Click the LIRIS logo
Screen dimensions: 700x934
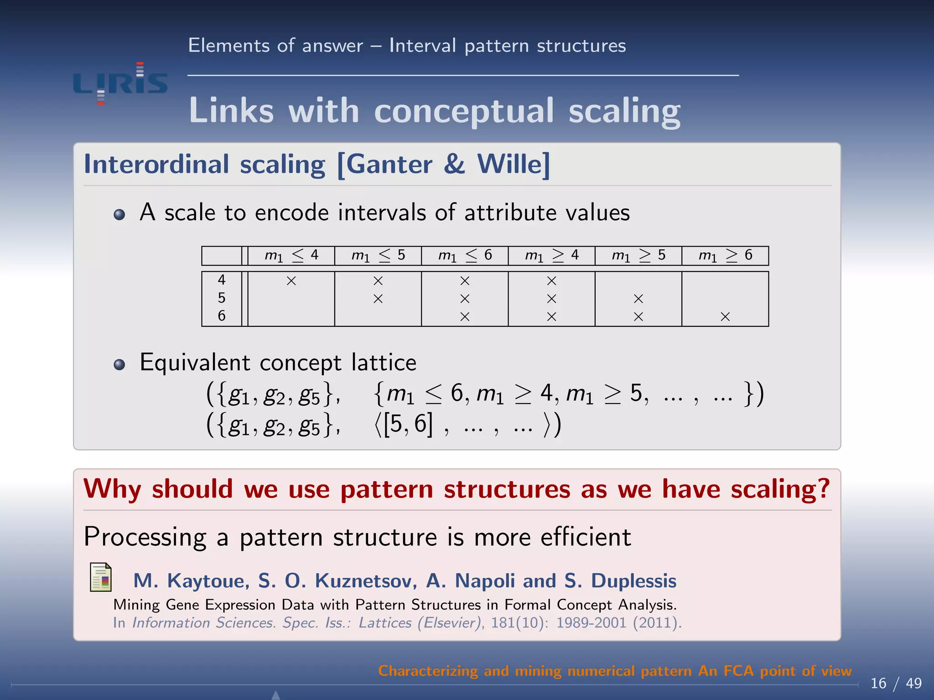pos(120,83)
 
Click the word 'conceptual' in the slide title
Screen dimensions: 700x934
pos(464,111)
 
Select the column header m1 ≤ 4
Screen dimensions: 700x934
pos(291,255)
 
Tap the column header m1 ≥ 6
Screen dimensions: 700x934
pos(725,255)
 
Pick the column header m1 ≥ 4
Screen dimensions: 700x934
pos(551,255)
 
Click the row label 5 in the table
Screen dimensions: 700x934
pos(222,298)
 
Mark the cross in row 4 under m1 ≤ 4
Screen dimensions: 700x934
pos(291,281)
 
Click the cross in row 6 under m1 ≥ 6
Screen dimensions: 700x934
pos(725,317)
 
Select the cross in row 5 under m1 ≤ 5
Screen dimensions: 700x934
pos(378,299)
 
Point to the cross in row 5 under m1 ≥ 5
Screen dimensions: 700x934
pos(638,299)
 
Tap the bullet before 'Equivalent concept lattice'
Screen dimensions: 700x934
pos(119,365)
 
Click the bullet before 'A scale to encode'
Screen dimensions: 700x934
pos(119,215)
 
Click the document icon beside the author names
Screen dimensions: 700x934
pos(101,577)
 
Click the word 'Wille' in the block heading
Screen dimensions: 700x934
pos(513,164)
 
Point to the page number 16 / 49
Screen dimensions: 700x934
pos(896,683)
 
